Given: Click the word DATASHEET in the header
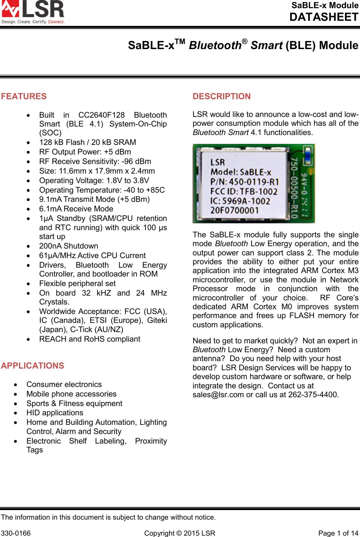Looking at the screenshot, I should click(324, 17).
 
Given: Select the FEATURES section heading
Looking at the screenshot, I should click(24, 96).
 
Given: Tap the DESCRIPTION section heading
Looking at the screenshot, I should click(222, 96).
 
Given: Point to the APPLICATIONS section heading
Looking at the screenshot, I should click(33, 366).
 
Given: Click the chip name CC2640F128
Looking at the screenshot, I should click(102, 115).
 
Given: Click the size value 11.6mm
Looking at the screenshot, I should click(74, 171).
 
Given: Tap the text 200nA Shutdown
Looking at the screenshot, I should click(69, 246).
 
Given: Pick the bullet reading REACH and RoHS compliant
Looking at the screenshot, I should click(90, 339).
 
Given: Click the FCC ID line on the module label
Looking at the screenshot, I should click(244, 192).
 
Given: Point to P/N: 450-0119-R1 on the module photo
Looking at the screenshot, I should click(244, 182).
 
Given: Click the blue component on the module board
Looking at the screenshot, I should click(308, 155).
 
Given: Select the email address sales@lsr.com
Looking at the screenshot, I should click(218, 395).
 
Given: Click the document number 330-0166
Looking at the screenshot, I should click(16, 533).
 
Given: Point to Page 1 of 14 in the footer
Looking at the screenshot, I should click(338, 533).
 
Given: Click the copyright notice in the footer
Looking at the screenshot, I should click(180, 533).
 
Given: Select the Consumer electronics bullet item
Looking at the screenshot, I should click(64, 385).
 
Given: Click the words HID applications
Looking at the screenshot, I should click(55, 413).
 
